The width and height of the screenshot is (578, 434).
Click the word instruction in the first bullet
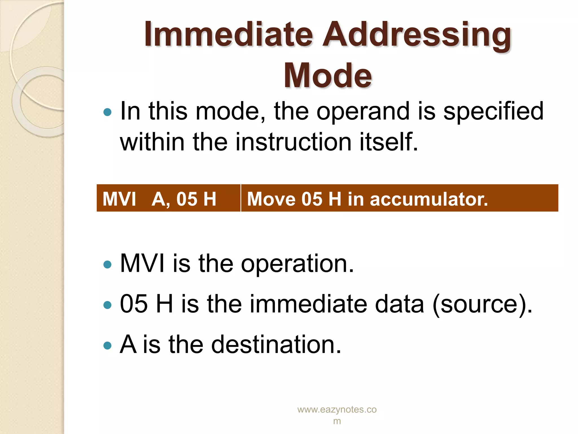pos(293,142)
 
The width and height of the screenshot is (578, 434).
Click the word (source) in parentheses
pos(482,304)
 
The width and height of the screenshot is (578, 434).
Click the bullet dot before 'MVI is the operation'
pos(108,265)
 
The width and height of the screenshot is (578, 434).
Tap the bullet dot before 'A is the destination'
pos(108,346)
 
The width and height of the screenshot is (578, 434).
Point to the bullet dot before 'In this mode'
pos(108,112)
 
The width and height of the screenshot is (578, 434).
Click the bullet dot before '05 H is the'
pos(108,305)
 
